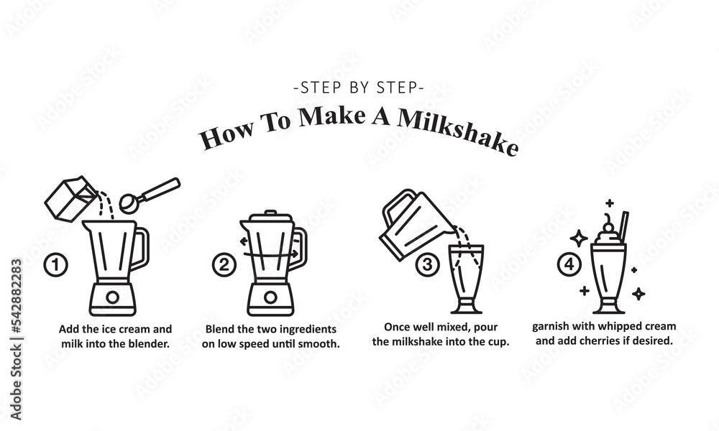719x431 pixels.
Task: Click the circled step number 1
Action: point(55,265)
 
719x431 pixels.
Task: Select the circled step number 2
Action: point(224,265)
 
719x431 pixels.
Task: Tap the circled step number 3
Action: point(427,264)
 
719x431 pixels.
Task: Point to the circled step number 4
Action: point(569,264)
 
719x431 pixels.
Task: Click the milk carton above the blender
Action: point(71,199)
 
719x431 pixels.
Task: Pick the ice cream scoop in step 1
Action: point(150,195)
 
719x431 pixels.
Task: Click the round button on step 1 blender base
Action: point(112,297)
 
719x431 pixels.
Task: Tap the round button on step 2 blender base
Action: point(270,297)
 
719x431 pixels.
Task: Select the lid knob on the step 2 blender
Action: point(270,213)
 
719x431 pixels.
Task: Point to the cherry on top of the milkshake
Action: point(608,227)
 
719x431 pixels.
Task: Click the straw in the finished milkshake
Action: point(623,228)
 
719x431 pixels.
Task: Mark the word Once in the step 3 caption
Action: point(396,327)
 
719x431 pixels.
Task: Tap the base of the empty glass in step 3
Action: point(467,307)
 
